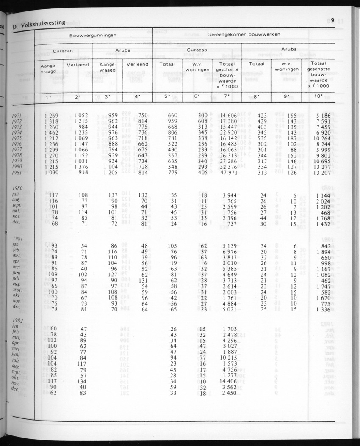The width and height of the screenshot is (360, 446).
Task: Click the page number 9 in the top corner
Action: click(x=332, y=19)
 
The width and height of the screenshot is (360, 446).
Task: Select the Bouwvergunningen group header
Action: click(x=93, y=36)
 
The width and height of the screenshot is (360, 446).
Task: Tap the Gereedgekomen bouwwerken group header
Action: click(x=244, y=34)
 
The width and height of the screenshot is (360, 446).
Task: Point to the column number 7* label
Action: click(x=227, y=96)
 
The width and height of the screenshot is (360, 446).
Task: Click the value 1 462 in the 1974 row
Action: click(x=52, y=133)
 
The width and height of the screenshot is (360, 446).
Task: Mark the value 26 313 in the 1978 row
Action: click(x=227, y=155)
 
